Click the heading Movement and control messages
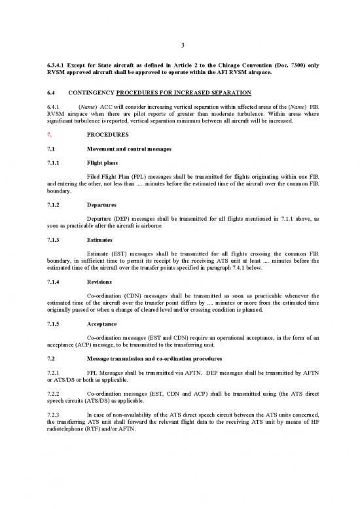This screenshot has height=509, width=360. (x=129, y=151)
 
